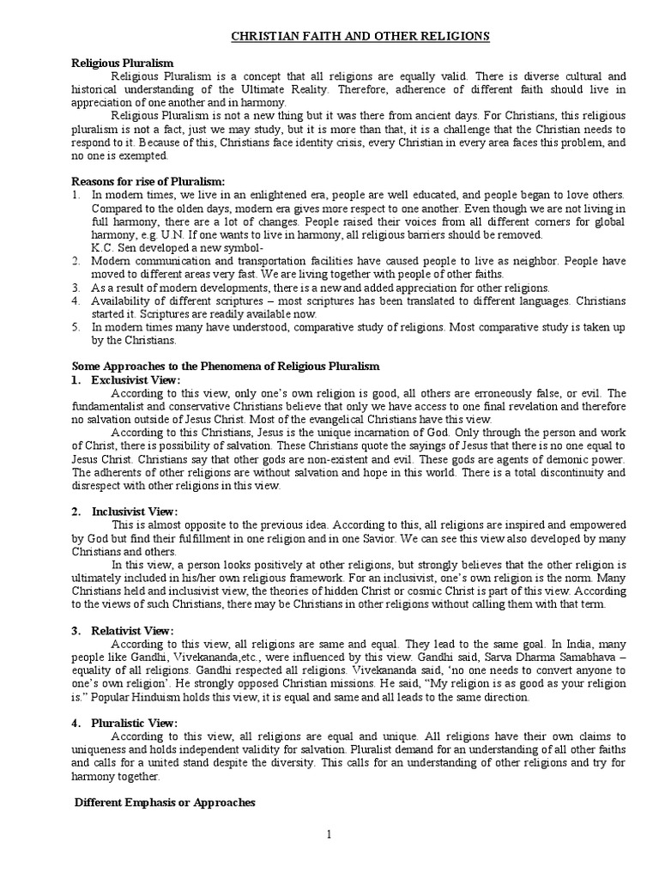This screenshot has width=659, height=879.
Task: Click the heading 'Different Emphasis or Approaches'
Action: pos(165,803)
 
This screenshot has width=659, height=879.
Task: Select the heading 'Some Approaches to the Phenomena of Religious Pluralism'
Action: pos(225,367)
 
